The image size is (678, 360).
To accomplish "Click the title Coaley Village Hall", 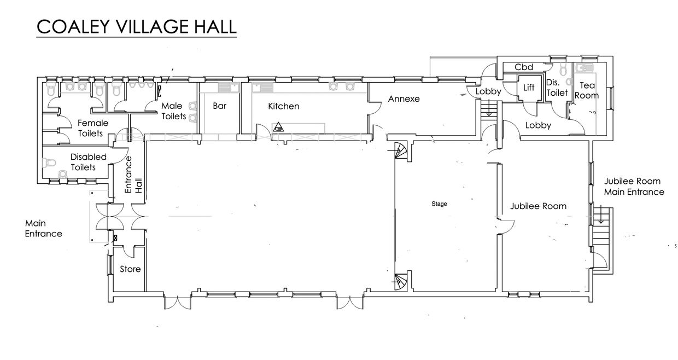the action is point(136,26).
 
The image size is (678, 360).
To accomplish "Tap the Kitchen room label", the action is point(284,106).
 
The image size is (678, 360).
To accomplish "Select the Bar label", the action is point(219,106).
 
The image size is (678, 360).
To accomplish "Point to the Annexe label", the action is point(404,98).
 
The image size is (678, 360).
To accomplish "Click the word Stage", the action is point(439,204).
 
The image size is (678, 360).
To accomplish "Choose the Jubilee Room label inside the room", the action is point(538,206).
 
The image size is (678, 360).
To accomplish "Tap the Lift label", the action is point(529,88).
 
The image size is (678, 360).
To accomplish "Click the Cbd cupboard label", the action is point(524,67).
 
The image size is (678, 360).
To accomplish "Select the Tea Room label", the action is point(587,90).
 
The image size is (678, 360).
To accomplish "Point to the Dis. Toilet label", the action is point(557,88).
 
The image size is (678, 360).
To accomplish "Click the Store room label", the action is point(130,269).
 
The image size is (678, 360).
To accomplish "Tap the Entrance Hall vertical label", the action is point(133,175).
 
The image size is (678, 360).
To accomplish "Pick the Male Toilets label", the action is point(173,111).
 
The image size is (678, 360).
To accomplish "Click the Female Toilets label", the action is point(92,128).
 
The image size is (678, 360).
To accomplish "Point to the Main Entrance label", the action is point(43,228).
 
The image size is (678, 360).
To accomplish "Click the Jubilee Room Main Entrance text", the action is point(634,187).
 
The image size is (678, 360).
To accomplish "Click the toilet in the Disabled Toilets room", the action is point(49,162).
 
